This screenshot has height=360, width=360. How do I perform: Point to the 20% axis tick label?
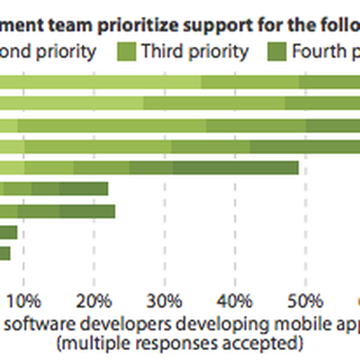tap(94, 299)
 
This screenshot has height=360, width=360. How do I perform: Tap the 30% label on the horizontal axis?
tap(164, 299)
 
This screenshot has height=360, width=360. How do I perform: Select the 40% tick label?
tap(235, 299)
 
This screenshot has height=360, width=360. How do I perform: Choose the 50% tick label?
tap(305, 299)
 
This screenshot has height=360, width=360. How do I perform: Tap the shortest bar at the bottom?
tap(4, 254)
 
